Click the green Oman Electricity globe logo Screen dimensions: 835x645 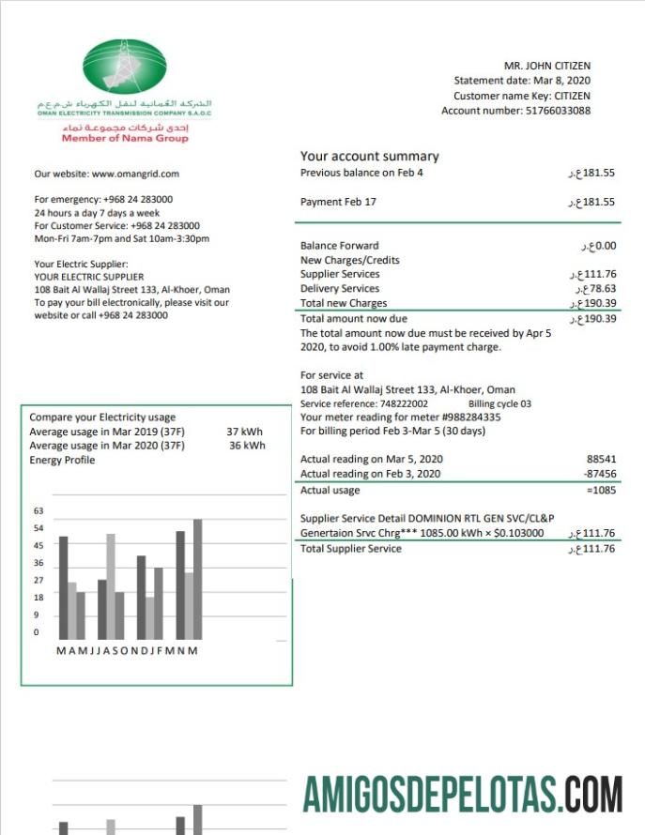tap(125, 67)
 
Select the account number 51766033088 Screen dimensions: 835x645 tap(557, 111)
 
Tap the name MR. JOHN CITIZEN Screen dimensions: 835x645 tap(547, 66)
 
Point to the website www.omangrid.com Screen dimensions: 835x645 tap(135, 174)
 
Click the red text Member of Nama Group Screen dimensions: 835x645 tap(125, 138)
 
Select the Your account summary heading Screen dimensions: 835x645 tap(369, 156)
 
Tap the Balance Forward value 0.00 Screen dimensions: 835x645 tap(605, 246)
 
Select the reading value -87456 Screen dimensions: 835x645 tap(598, 475)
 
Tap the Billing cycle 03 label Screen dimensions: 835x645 tap(499, 403)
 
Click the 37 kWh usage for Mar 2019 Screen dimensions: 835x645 tap(246, 432)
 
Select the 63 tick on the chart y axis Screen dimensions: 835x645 tap(38, 511)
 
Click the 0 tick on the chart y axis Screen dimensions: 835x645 tap(36, 632)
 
